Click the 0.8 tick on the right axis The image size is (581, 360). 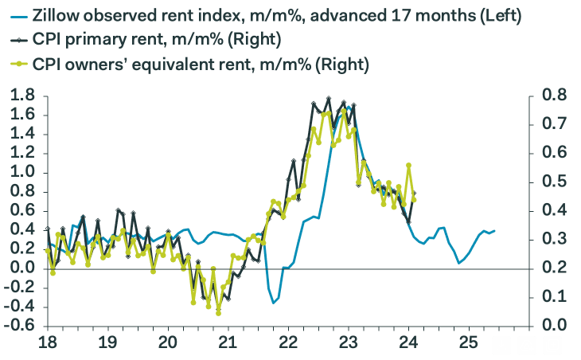pos(555,96)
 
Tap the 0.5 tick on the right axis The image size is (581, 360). pos(555,182)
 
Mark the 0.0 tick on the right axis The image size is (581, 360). pos(555,326)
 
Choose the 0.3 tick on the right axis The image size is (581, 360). pos(555,240)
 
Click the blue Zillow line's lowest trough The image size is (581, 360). pos(274,303)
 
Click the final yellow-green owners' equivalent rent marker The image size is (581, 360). pos(414,199)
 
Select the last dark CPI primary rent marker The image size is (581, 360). pos(415,193)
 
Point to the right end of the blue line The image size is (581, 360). pos(494,231)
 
